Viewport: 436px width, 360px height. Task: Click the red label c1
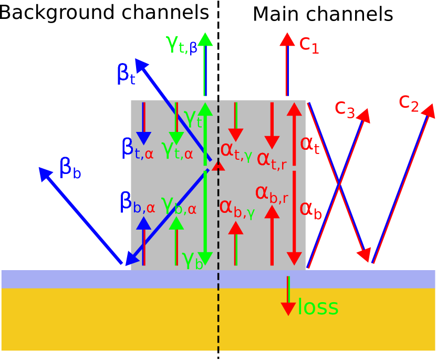[309, 45]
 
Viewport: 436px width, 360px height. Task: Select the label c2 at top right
[409, 103]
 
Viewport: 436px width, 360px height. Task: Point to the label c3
[345, 109]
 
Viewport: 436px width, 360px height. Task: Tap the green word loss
[318, 307]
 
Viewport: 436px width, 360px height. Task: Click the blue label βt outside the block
[126, 74]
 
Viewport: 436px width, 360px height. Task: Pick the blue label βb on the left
[70, 168]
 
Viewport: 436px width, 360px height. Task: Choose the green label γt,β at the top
[182, 44]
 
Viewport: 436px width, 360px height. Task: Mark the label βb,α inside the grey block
[137, 202]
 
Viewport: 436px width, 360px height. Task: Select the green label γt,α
[177, 150]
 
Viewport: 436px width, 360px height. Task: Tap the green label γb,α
[179, 204]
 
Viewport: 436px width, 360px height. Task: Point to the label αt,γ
[236, 150]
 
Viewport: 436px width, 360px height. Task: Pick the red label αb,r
[271, 193]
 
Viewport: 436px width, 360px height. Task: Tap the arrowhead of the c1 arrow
[287, 39]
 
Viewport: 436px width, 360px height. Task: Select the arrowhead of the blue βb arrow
[46, 174]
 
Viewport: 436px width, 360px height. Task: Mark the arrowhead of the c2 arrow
[429, 110]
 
